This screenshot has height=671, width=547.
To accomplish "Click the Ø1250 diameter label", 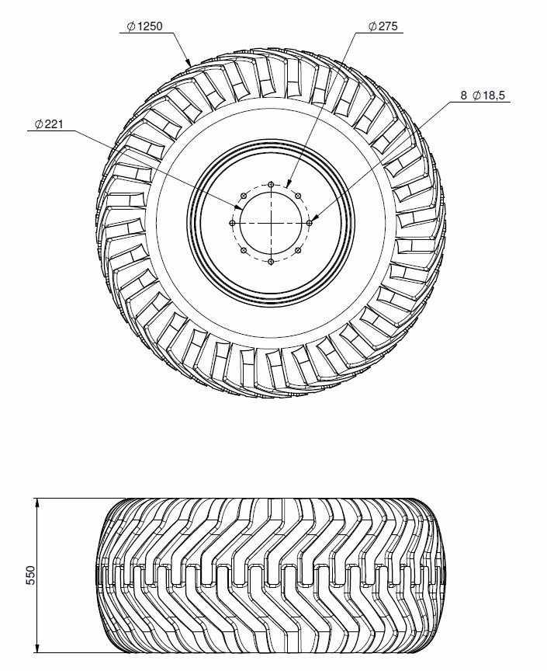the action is [145, 26].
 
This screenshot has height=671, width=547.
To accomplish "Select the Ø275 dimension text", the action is [383, 26].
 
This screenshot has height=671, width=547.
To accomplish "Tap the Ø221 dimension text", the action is [49, 124].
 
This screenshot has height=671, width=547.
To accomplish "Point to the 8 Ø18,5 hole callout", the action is [483, 96].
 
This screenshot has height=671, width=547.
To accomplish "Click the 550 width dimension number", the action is [30, 575].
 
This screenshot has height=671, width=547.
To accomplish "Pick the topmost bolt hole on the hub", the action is [271, 184].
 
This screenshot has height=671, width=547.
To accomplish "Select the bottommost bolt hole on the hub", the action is [271, 262].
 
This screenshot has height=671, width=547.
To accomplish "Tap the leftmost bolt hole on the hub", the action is [232, 223].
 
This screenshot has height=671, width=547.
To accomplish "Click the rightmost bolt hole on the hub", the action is [310, 223].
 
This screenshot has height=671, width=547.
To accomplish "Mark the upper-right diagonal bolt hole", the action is [298, 196].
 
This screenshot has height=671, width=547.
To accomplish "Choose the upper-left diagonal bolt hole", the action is [244, 196].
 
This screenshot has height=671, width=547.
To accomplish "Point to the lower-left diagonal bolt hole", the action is [244, 250].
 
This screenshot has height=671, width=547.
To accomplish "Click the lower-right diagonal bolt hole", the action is [298, 250].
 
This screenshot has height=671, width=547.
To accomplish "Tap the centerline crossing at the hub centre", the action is [271, 223].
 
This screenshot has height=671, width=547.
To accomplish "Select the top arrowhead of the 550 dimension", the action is [38, 502].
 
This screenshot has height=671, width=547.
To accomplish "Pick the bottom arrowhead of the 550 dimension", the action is [38, 648].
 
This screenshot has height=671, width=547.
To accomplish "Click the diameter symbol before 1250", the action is [132, 26].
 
